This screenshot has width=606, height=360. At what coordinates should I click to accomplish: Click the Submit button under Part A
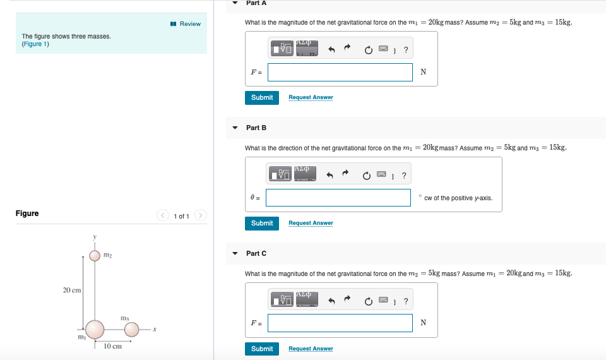(261, 97)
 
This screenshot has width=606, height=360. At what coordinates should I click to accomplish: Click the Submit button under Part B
(261, 223)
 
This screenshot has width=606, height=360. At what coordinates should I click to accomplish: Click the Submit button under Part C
(261, 349)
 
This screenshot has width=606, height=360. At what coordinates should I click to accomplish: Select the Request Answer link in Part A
(311, 97)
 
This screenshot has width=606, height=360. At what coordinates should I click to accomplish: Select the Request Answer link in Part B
(311, 223)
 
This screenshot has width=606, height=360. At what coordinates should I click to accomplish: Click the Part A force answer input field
(340, 72)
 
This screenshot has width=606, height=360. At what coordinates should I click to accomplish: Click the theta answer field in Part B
(338, 198)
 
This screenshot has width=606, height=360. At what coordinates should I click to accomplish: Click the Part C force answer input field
(340, 323)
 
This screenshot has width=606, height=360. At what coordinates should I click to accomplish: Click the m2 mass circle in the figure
(95, 255)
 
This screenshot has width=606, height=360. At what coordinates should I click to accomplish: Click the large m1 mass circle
(95, 329)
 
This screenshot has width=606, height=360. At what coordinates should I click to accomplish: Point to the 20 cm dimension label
(71, 290)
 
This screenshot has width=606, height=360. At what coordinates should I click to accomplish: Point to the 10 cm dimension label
(113, 346)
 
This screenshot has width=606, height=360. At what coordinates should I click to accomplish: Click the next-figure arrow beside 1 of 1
(201, 216)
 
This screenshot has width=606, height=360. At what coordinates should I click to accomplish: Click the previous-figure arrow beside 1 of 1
(162, 216)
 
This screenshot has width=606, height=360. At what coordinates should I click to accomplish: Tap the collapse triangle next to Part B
(235, 128)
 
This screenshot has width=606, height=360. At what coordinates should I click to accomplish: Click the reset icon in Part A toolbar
(367, 49)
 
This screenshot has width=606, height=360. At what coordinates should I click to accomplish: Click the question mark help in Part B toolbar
(405, 175)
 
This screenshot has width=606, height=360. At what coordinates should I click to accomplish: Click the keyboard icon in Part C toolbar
(383, 300)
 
